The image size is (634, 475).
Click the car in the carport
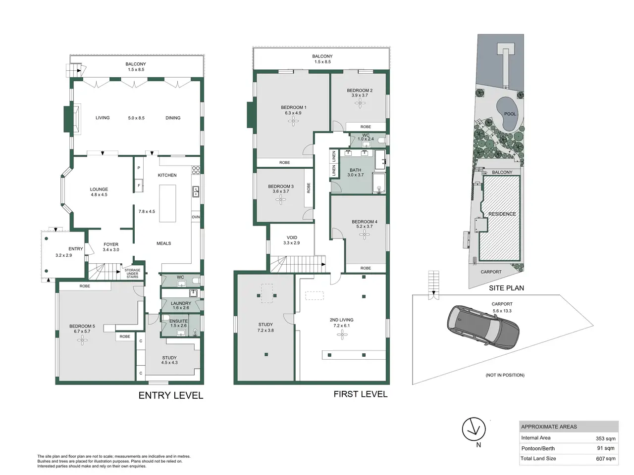point(483,325)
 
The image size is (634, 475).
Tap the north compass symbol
point(474,429)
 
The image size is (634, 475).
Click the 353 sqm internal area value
point(605,439)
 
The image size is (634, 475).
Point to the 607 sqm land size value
point(606,459)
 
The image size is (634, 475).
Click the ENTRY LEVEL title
point(171,395)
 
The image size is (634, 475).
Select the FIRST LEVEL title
point(361,394)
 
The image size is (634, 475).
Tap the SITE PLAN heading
point(506,288)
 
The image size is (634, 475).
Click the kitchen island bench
point(167,203)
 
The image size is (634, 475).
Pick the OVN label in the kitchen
point(196,217)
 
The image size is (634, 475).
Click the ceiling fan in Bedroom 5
point(82,340)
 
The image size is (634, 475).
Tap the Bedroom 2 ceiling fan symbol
point(360,103)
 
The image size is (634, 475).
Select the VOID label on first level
point(292,237)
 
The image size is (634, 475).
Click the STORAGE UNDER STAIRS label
point(132,274)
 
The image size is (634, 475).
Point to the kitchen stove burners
point(196,170)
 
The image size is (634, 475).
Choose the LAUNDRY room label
point(181,303)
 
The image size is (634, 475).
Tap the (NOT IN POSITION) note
point(505,375)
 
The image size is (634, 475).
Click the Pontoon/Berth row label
point(538,448)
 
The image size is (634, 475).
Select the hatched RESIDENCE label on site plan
point(502,214)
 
